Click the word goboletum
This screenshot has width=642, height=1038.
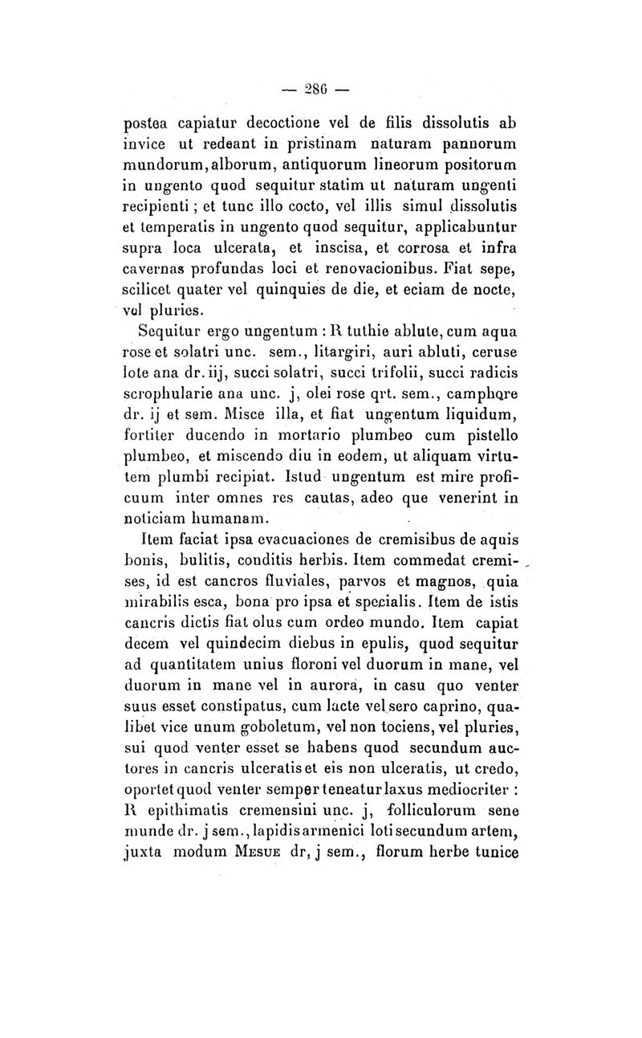(254, 735)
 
